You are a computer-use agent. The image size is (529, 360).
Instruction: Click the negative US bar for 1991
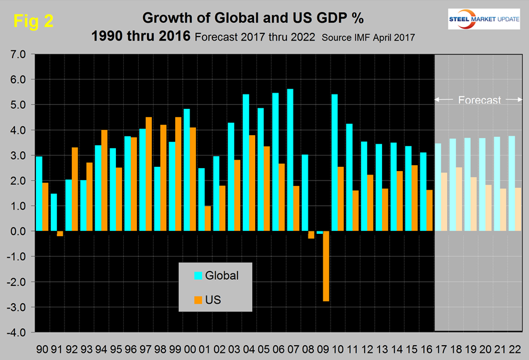[x=60, y=234]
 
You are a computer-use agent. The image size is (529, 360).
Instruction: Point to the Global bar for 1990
[x=38, y=194]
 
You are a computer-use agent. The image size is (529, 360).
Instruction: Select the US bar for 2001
[x=208, y=218]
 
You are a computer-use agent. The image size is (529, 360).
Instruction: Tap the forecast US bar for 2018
[x=459, y=199]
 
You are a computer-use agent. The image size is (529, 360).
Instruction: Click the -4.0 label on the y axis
[x=17, y=332]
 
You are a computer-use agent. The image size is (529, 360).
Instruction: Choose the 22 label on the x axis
[x=515, y=348]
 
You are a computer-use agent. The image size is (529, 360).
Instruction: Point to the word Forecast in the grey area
[x=479, y=100]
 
